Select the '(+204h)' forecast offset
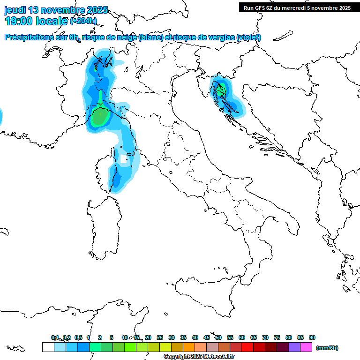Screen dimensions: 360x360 [x=83, y=21]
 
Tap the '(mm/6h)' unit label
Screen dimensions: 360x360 [x=327, y=348]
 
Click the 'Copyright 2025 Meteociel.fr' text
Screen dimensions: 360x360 [x=199, y=357]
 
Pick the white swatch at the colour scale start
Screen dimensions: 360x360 [x=48, y=347]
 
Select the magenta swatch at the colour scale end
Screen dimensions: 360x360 [x=307, y=347]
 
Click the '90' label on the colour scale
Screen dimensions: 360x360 [x=312, y=337]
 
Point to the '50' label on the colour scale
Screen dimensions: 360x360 [x=218, y=337]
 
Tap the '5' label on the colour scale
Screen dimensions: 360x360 [x=112, y=337]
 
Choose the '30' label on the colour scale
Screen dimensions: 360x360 [x=172, y=337]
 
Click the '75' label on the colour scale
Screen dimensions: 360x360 [x=277, y=337]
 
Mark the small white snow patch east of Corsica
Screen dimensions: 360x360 [x=124, y=159]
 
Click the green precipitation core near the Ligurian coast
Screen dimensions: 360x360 [x=98, y=117]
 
